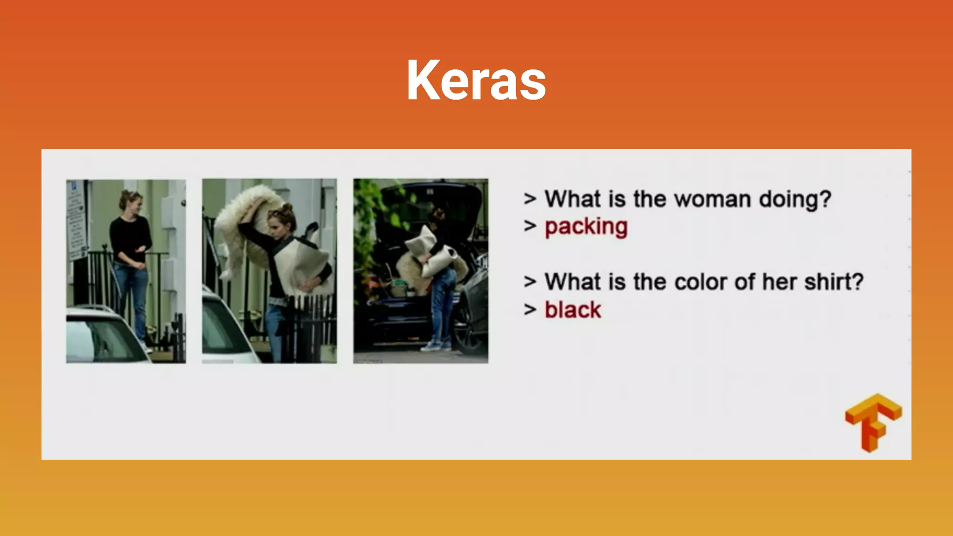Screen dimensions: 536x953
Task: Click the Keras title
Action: click(x=476, y=80)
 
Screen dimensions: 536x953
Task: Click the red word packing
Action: click(x=586, y=227)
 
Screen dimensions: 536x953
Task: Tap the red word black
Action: click(x=572, y=310)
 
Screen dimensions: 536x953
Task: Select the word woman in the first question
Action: click(x=712, y=199)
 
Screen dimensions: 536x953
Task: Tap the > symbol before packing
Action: click(x=530, y=226)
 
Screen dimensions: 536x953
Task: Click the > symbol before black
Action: click(x=530, y=309)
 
